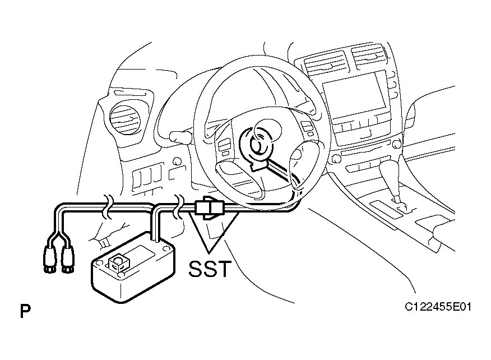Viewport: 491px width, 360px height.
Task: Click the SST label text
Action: point(210,269)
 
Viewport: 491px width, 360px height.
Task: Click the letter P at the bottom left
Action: point(25,311)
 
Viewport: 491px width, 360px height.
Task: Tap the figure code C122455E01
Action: point(438,306)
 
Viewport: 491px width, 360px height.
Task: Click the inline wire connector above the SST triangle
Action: point(209,207)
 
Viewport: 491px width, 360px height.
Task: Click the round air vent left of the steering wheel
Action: point(125,119)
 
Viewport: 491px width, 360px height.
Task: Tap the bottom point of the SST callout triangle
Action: point(209,252)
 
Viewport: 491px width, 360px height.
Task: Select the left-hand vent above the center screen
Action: point(326,65)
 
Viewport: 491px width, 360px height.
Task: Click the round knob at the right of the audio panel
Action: point(396,144)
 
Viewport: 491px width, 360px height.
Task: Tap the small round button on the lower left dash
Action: point(177,161)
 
